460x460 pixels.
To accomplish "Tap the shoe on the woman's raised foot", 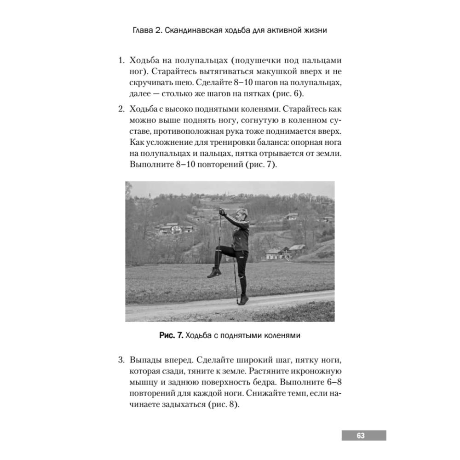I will tap(214, 272).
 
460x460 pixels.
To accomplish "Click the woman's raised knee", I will tap(222, 251).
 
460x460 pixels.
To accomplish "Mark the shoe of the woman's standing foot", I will tap(241, 300).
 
